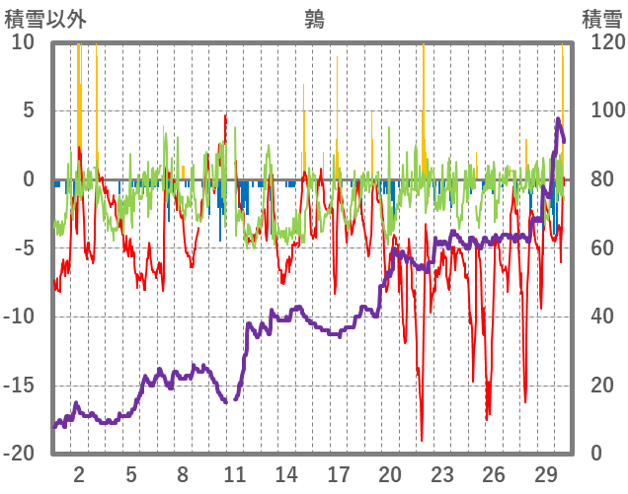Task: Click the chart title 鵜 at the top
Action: pos(314,19)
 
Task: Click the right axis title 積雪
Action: pos(600,19)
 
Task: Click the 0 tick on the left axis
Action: pos(29,179)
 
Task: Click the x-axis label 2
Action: pos(79,471)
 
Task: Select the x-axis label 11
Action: pos(234,471)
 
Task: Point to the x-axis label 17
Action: pos(338,471)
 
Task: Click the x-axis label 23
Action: pos(441,471)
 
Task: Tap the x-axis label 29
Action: pos(545,471)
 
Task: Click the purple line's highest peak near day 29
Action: pos(558,120)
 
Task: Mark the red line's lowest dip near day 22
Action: pos(422,440)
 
